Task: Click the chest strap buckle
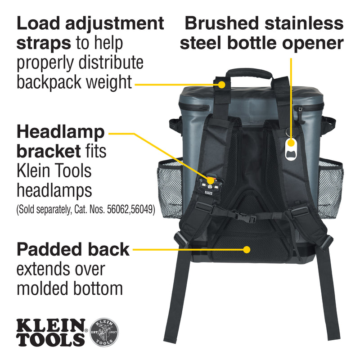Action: pyautogui.click(x=245, y=216)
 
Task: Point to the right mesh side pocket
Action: pyautogui.click(x=331, y=189)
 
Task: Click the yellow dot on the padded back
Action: pyautogui.click(x=247, y=250)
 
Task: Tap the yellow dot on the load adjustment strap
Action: pyautogui.click(x=221, y=85)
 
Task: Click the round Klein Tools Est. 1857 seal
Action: pyautogui.click(x=104, y=332)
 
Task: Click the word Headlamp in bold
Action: pyautogui.click(x=61, y=133)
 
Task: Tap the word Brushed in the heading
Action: pyautogui.click(x=221, y=23)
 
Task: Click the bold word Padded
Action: pyautogui.click(x=49, y=250)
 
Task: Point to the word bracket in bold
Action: pyautogui.click(x=49, y=151)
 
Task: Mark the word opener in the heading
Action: pyautogui.click(x=313, y=44)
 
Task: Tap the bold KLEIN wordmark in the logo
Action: pyautogui.click(x=51, y=325)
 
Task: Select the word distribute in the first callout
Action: pyautogui.click(x=111, y=63)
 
